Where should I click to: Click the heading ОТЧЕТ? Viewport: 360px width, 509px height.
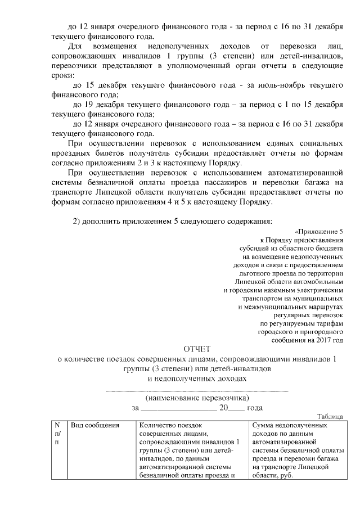196,349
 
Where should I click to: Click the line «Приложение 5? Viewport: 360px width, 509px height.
318,232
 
